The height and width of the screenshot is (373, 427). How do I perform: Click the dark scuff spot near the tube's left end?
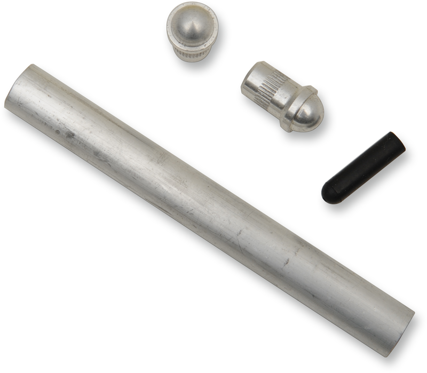(x=69, y=136)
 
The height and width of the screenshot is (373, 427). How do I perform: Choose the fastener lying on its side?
(x=282, y=96)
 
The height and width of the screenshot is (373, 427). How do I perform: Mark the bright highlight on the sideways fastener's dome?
(x=304, y=109)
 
